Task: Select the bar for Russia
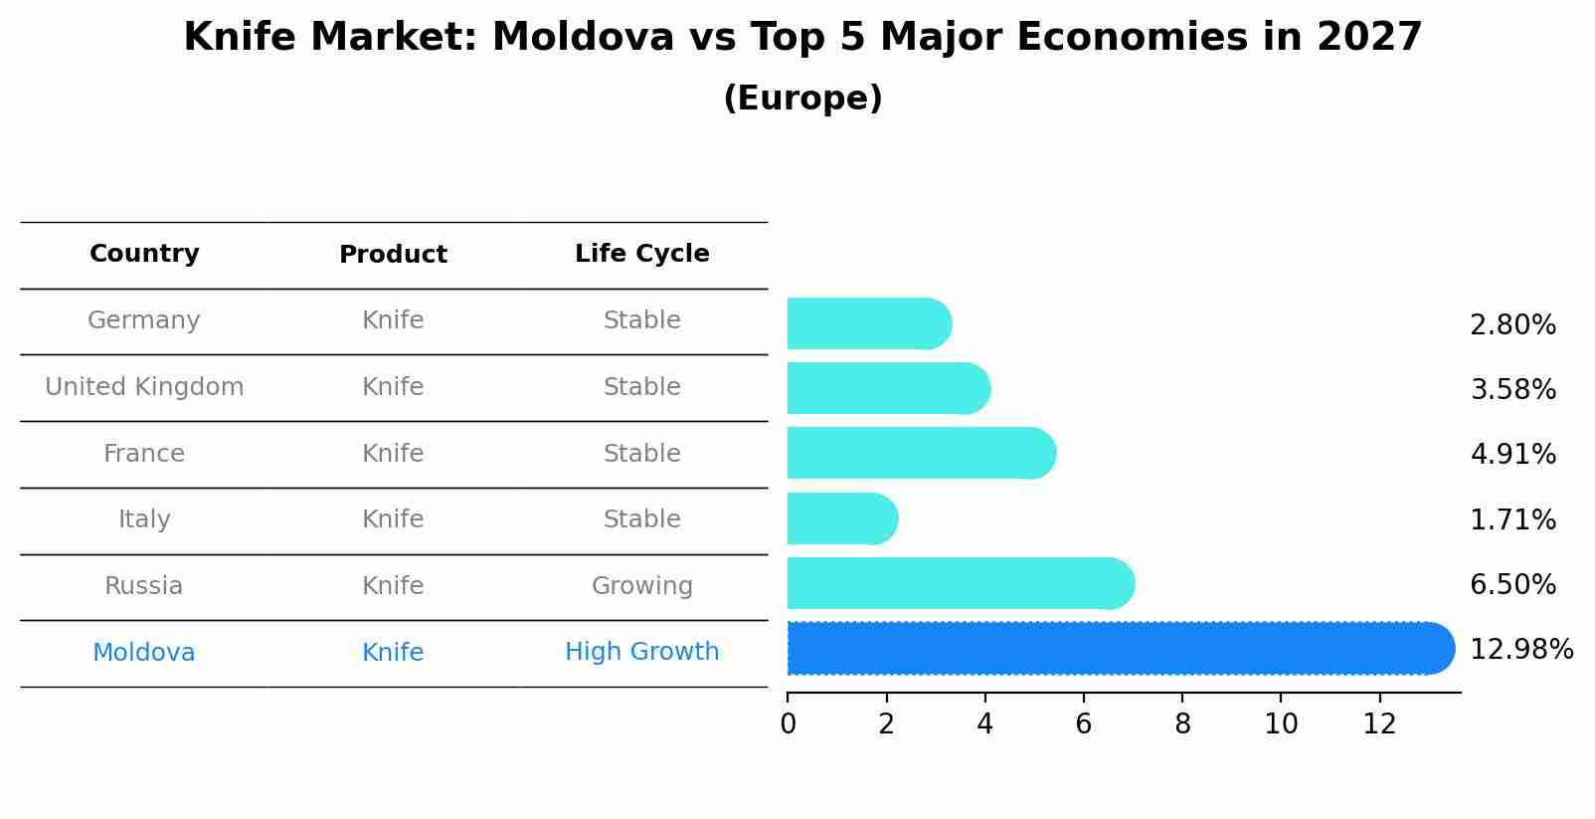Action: [960, 583]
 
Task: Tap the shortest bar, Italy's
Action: [841, 518]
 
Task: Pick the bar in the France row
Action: [920, 453]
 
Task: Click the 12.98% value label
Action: [1520, 650]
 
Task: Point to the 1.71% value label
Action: [1512, 519]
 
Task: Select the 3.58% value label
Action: [1512, 389]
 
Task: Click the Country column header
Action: [144, 254]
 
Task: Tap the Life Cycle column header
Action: [641, 254]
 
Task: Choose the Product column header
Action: [393, 255]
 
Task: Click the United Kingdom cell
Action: [144, 387]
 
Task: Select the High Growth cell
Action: [641, 652]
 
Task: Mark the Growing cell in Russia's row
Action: [641, 586]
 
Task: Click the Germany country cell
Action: [144, 320]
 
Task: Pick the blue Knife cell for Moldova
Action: [393, 653]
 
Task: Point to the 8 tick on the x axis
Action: [1182, 724]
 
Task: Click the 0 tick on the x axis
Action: [788, 724]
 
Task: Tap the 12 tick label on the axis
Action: [1379, 724]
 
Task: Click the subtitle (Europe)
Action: [802, 99]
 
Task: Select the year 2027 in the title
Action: [1369, 38]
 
